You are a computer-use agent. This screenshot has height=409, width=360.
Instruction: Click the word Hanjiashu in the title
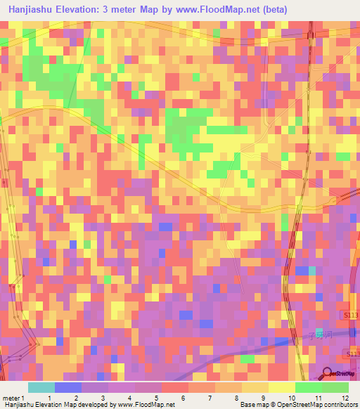(31, 9)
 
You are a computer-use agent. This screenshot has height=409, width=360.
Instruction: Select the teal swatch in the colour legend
(41, 387)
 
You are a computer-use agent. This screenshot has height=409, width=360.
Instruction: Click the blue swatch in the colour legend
(68, 387)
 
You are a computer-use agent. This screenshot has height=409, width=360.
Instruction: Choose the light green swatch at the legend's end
(335, 387)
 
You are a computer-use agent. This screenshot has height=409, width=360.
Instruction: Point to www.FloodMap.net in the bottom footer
(143, 404)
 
